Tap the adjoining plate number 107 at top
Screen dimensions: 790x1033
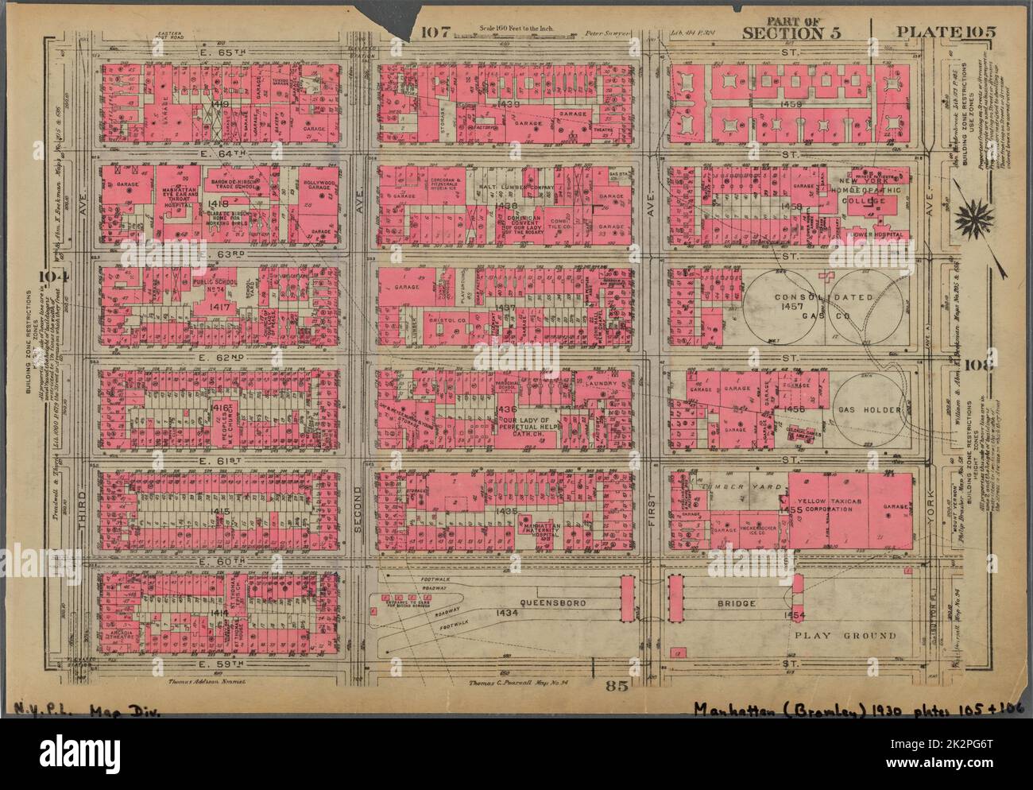[436, 33]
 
